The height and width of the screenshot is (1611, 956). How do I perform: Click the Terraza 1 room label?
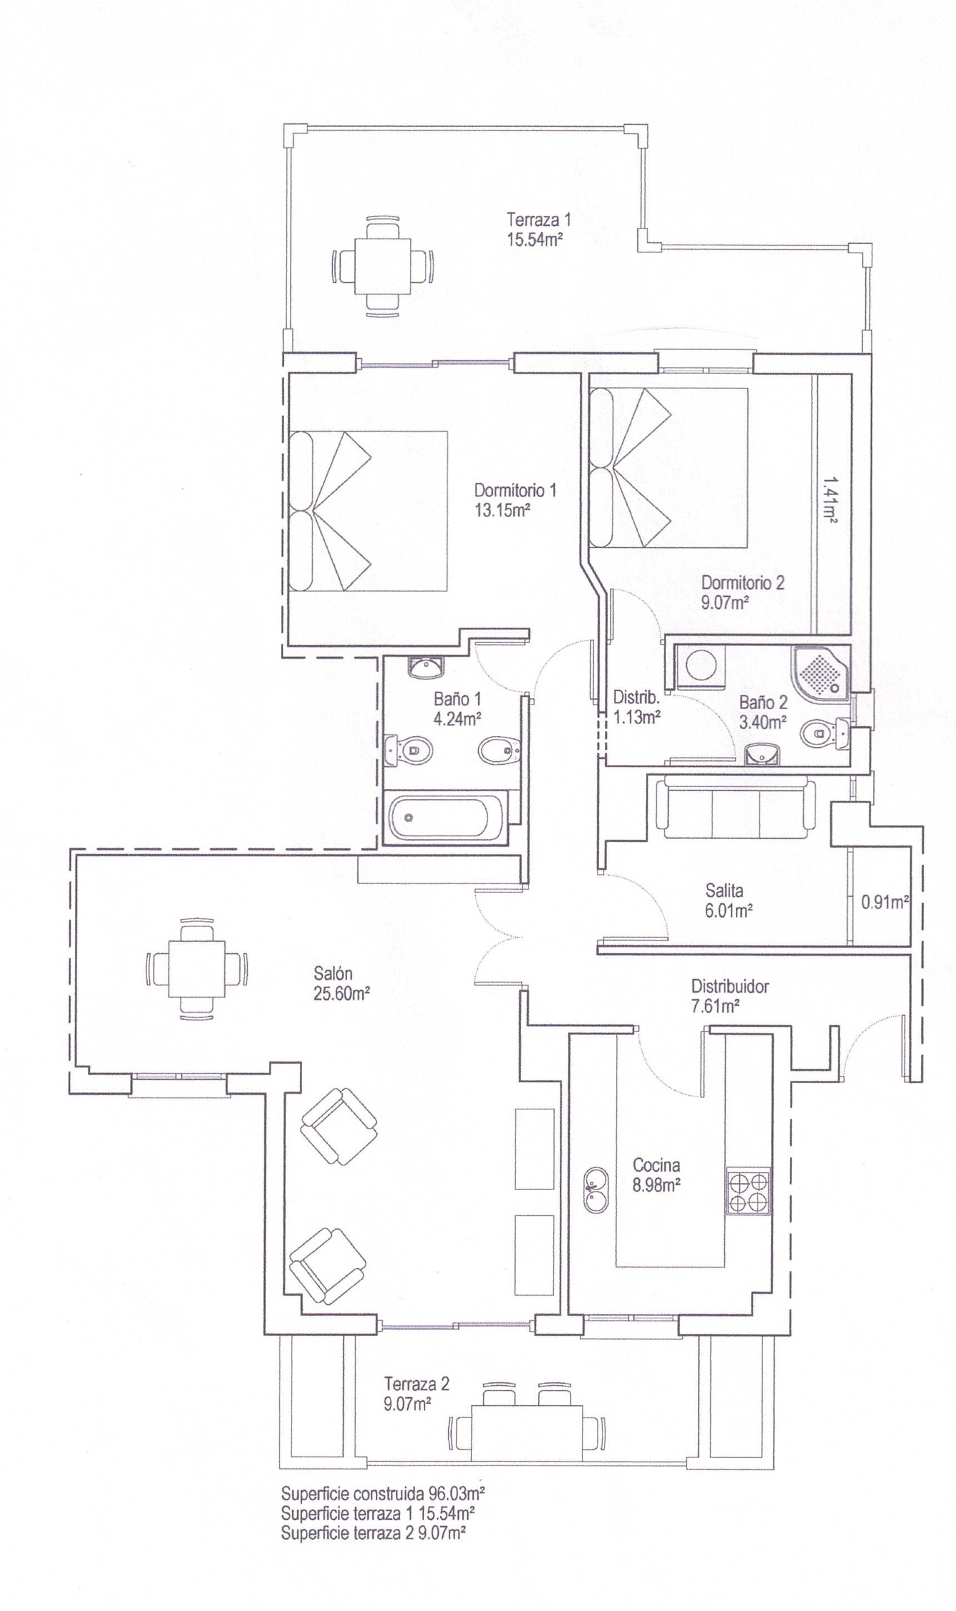pyautogui.click(x=538, y=219)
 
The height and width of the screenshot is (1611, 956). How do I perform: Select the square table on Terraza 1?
pyautogui.click(x=382, y=266)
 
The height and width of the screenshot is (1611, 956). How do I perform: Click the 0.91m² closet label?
pyautogui.click(x=885, y=902)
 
